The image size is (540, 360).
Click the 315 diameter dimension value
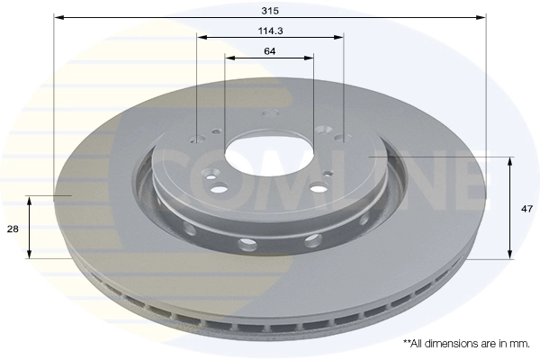pos(270,10)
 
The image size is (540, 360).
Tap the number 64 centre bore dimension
pos(270,50)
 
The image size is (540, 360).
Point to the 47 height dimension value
pos(527,208)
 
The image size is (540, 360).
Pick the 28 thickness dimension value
pos(13,229)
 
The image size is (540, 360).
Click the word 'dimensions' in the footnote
pos(449,344)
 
